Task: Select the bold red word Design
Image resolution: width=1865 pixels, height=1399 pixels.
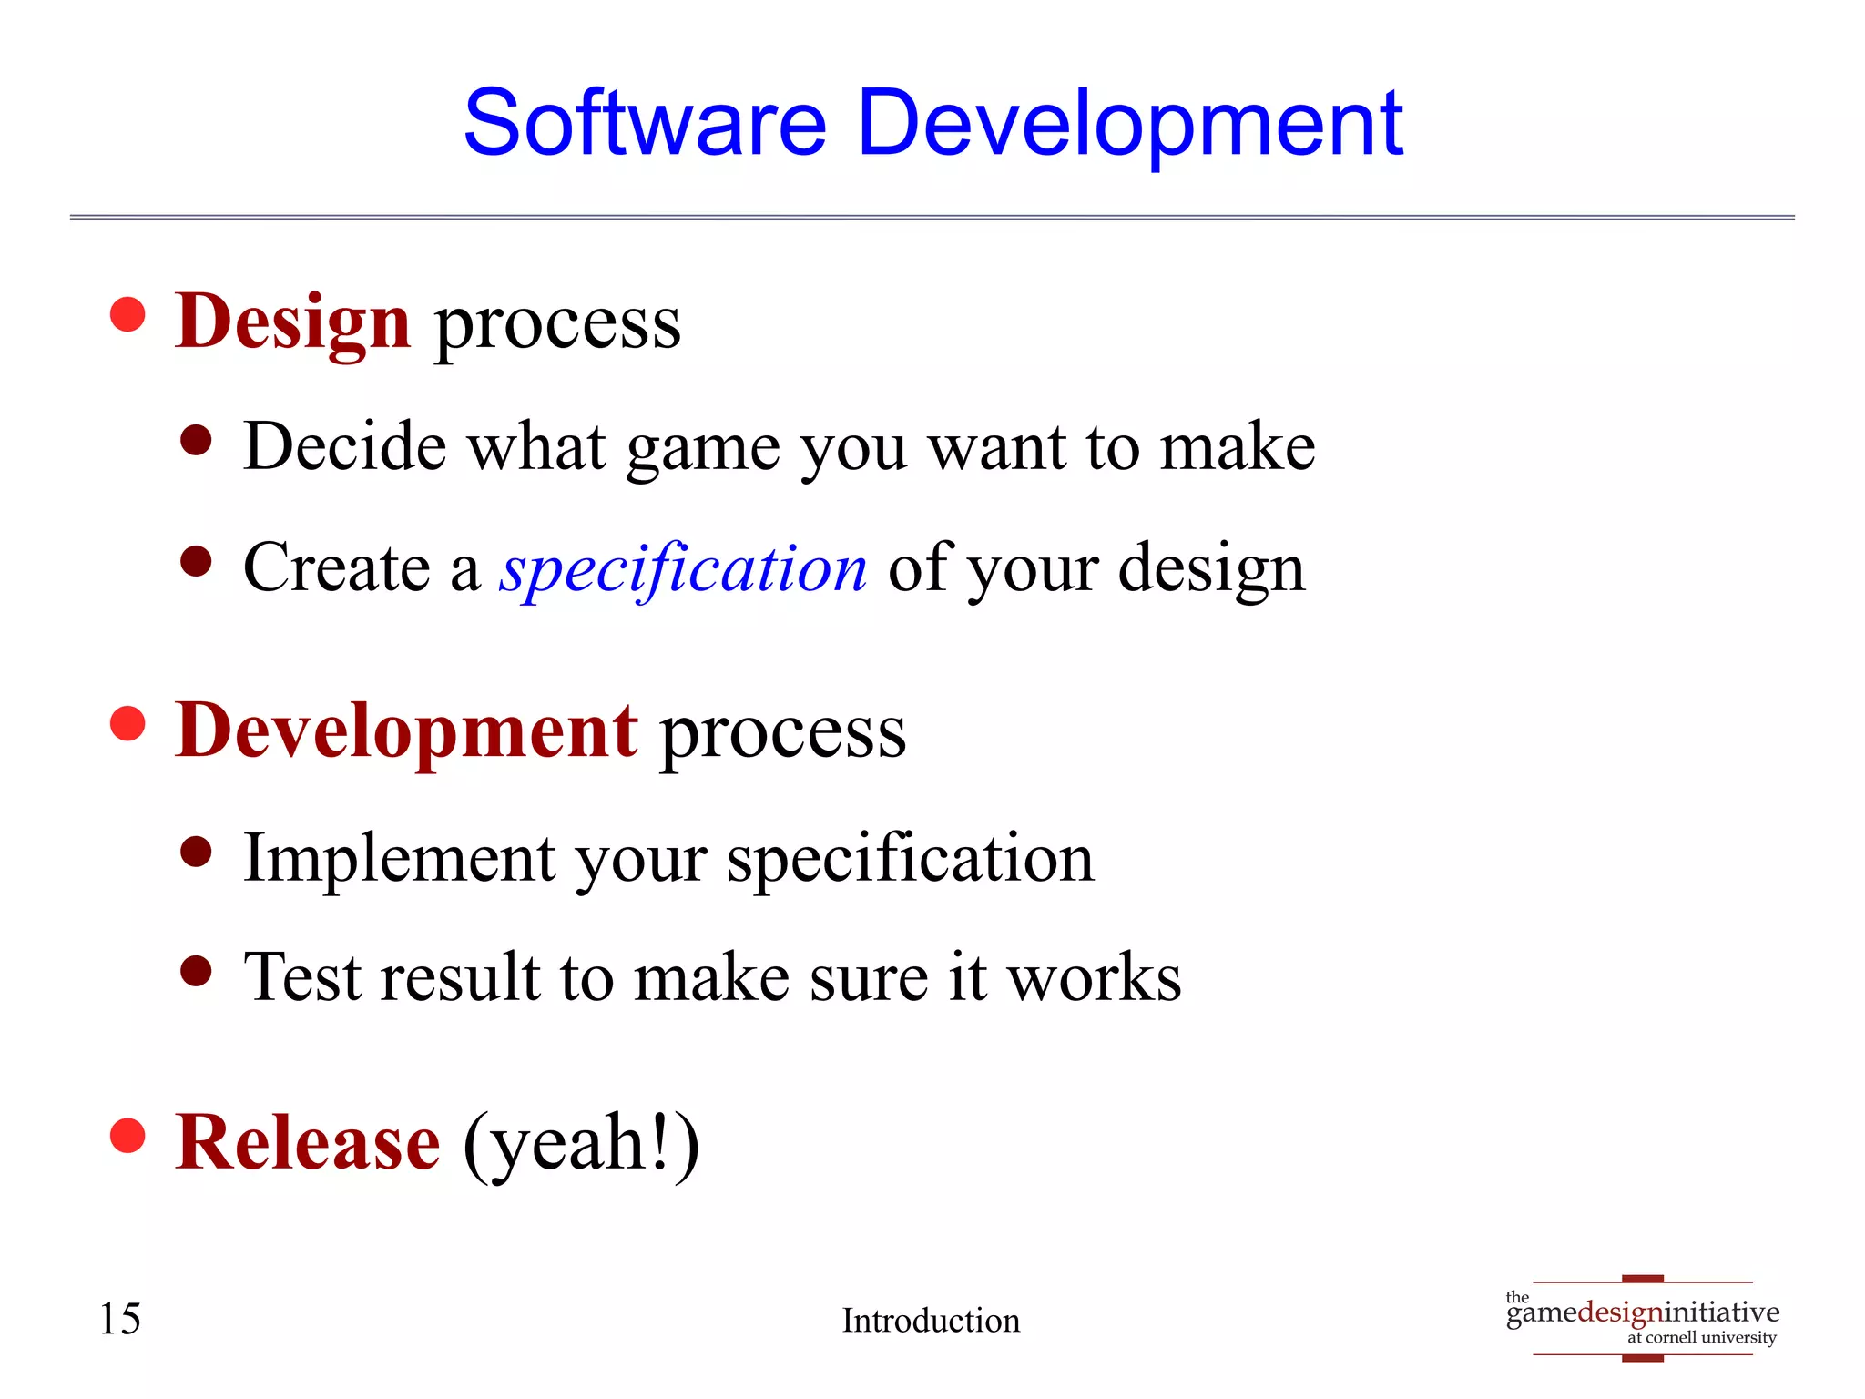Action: click(x=293, y=322)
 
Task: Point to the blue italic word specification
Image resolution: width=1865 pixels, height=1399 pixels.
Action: click(x=683, y=568)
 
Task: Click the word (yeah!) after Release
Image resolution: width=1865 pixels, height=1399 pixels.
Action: click(x=581, y=1144)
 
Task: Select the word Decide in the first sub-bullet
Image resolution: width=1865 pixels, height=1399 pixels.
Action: click(x=345, y=446)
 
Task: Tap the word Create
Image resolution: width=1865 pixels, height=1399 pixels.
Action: click(x=336, y=567)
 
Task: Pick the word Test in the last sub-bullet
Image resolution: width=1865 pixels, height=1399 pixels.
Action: click(x=303, y=976)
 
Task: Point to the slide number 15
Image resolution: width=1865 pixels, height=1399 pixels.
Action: click(x=119, y=1319)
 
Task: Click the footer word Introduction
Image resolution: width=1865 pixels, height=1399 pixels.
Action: click(x=931, y=1321)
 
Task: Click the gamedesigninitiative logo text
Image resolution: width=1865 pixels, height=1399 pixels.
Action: click(x=1642, y=1312)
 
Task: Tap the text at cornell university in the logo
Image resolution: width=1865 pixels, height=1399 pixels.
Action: click(x=1701, y=1338)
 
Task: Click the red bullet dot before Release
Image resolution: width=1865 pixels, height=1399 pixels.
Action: click(x=127, y=1135)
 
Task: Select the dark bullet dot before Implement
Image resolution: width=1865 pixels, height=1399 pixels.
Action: click(x=196, y=853)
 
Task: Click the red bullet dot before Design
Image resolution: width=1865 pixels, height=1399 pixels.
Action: click(x=127, y=314)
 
